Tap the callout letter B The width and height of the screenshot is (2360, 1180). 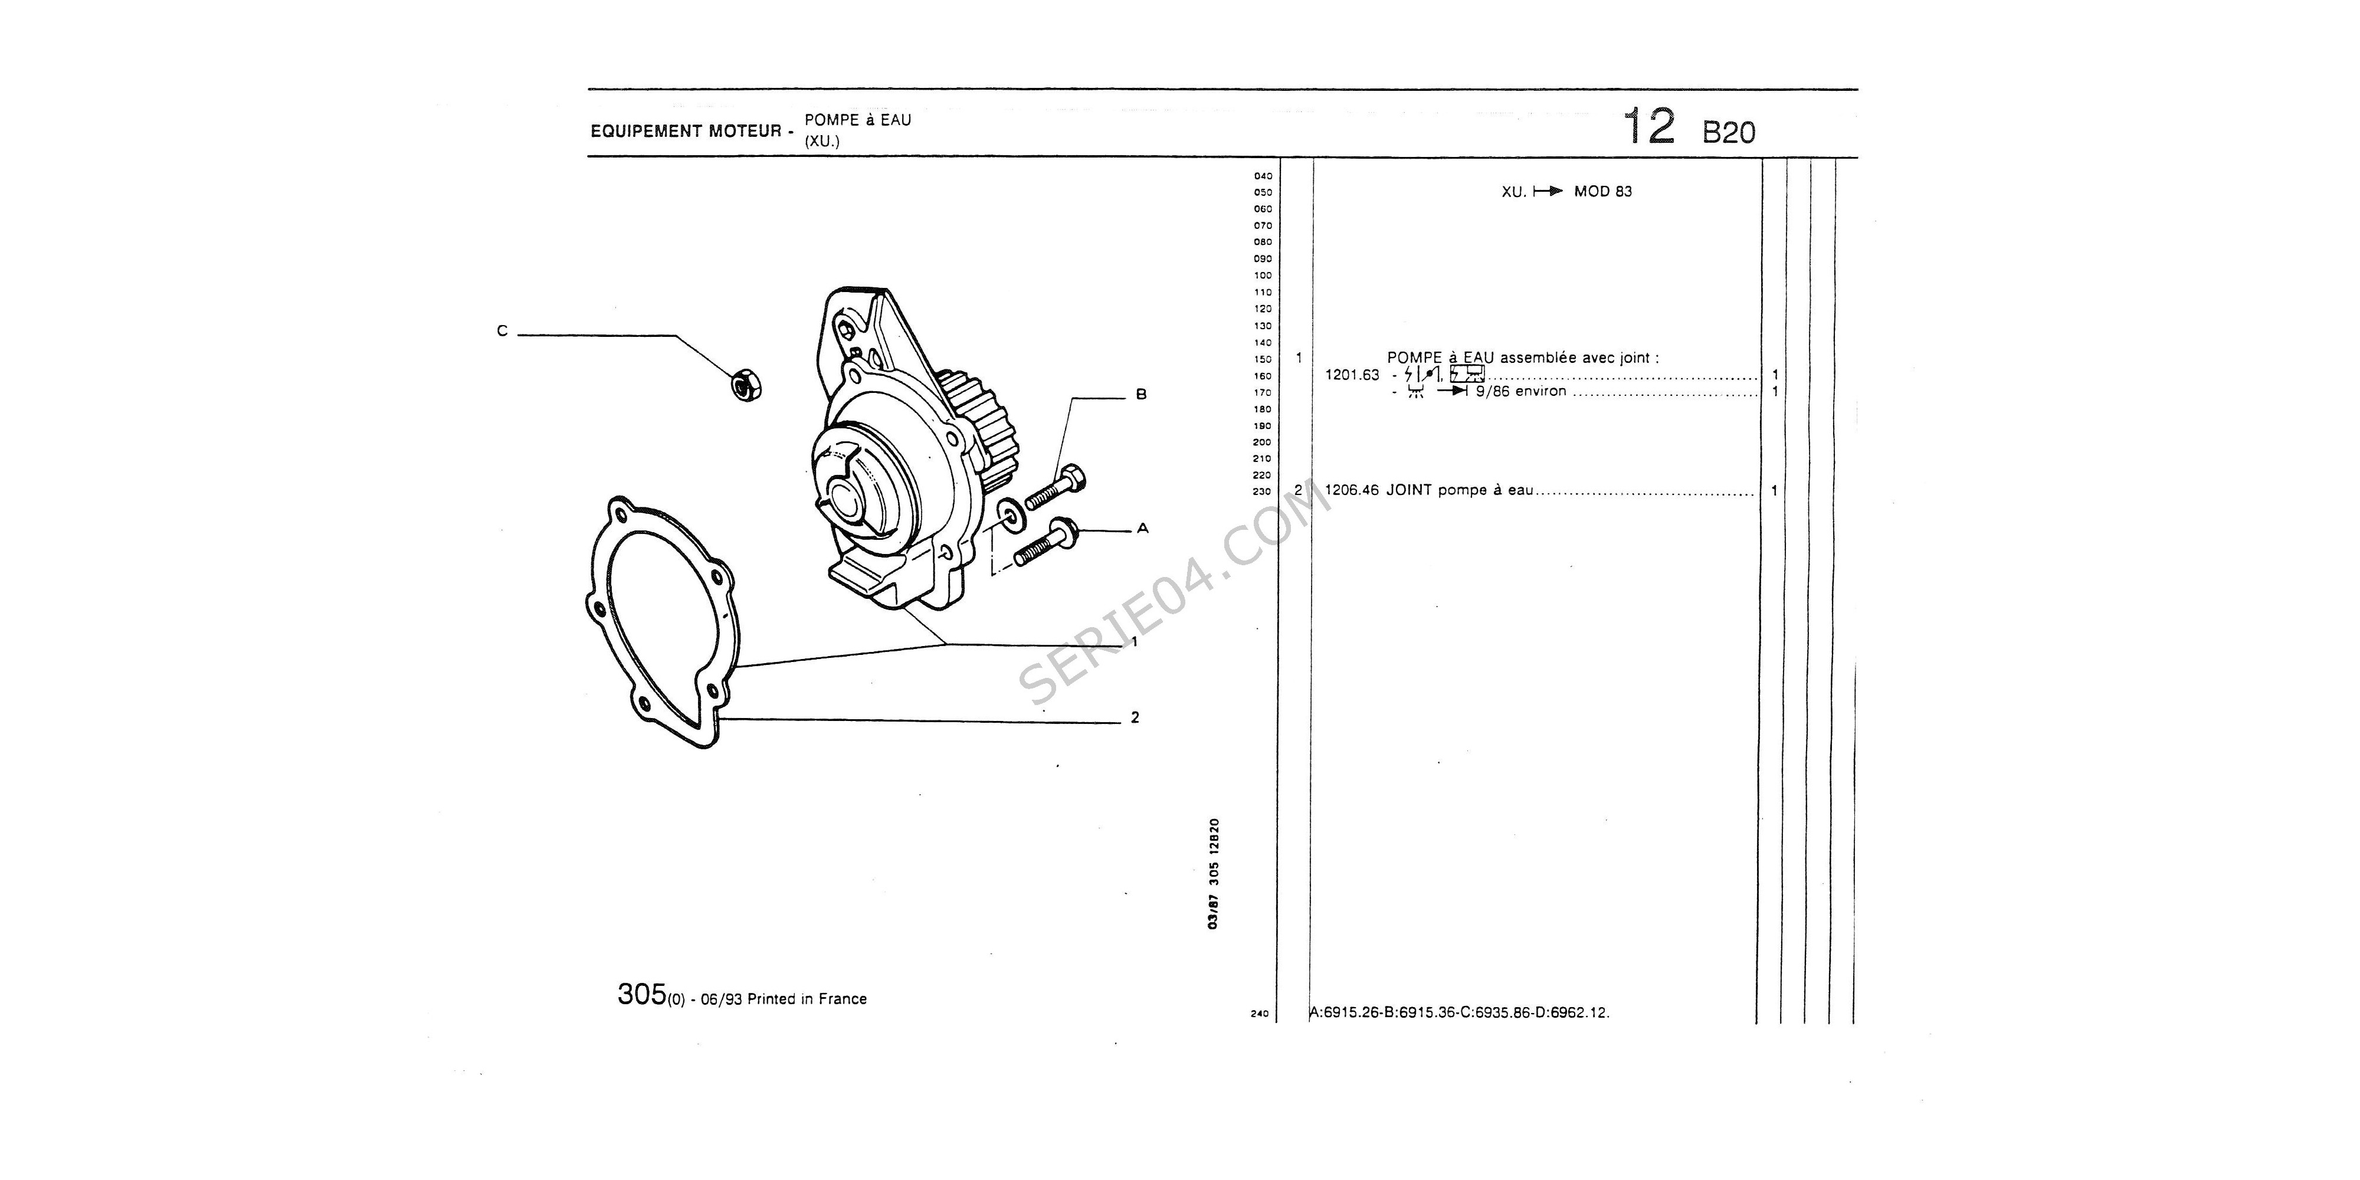[x=1140, y=395]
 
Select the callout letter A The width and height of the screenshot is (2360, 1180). [x=1142, y=529]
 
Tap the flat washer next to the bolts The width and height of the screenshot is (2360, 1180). [x=1011, y=516]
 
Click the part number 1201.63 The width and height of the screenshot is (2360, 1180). [x=1351, y=375]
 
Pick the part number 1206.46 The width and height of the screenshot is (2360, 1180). [x=1351, y=490]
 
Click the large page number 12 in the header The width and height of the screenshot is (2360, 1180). [x=1648, y=126]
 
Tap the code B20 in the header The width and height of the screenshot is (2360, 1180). [x=1729, y=133]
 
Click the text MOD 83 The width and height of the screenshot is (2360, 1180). [x=1602, y=192]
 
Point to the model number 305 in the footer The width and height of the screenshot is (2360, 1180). [x=641, y=994]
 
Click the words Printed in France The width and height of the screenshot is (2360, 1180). [x=806, y=999]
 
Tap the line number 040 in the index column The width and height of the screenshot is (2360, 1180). [x=1263, y=176]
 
